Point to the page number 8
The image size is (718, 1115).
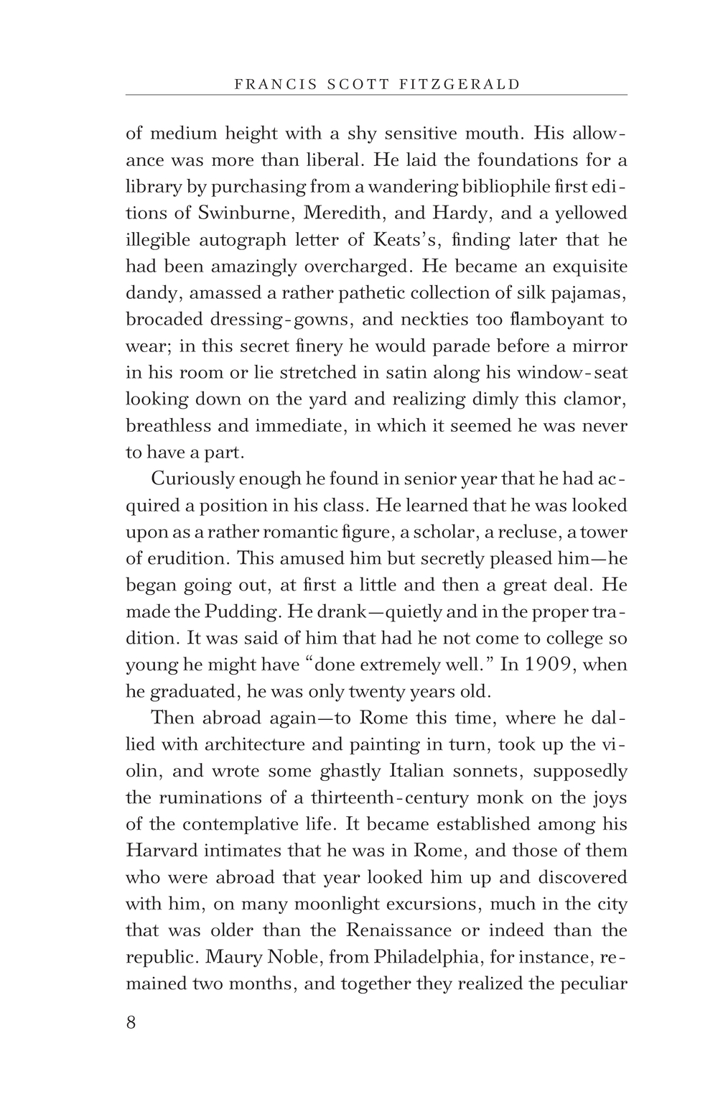click(131, 1022)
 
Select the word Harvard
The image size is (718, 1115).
click(162, 851)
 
